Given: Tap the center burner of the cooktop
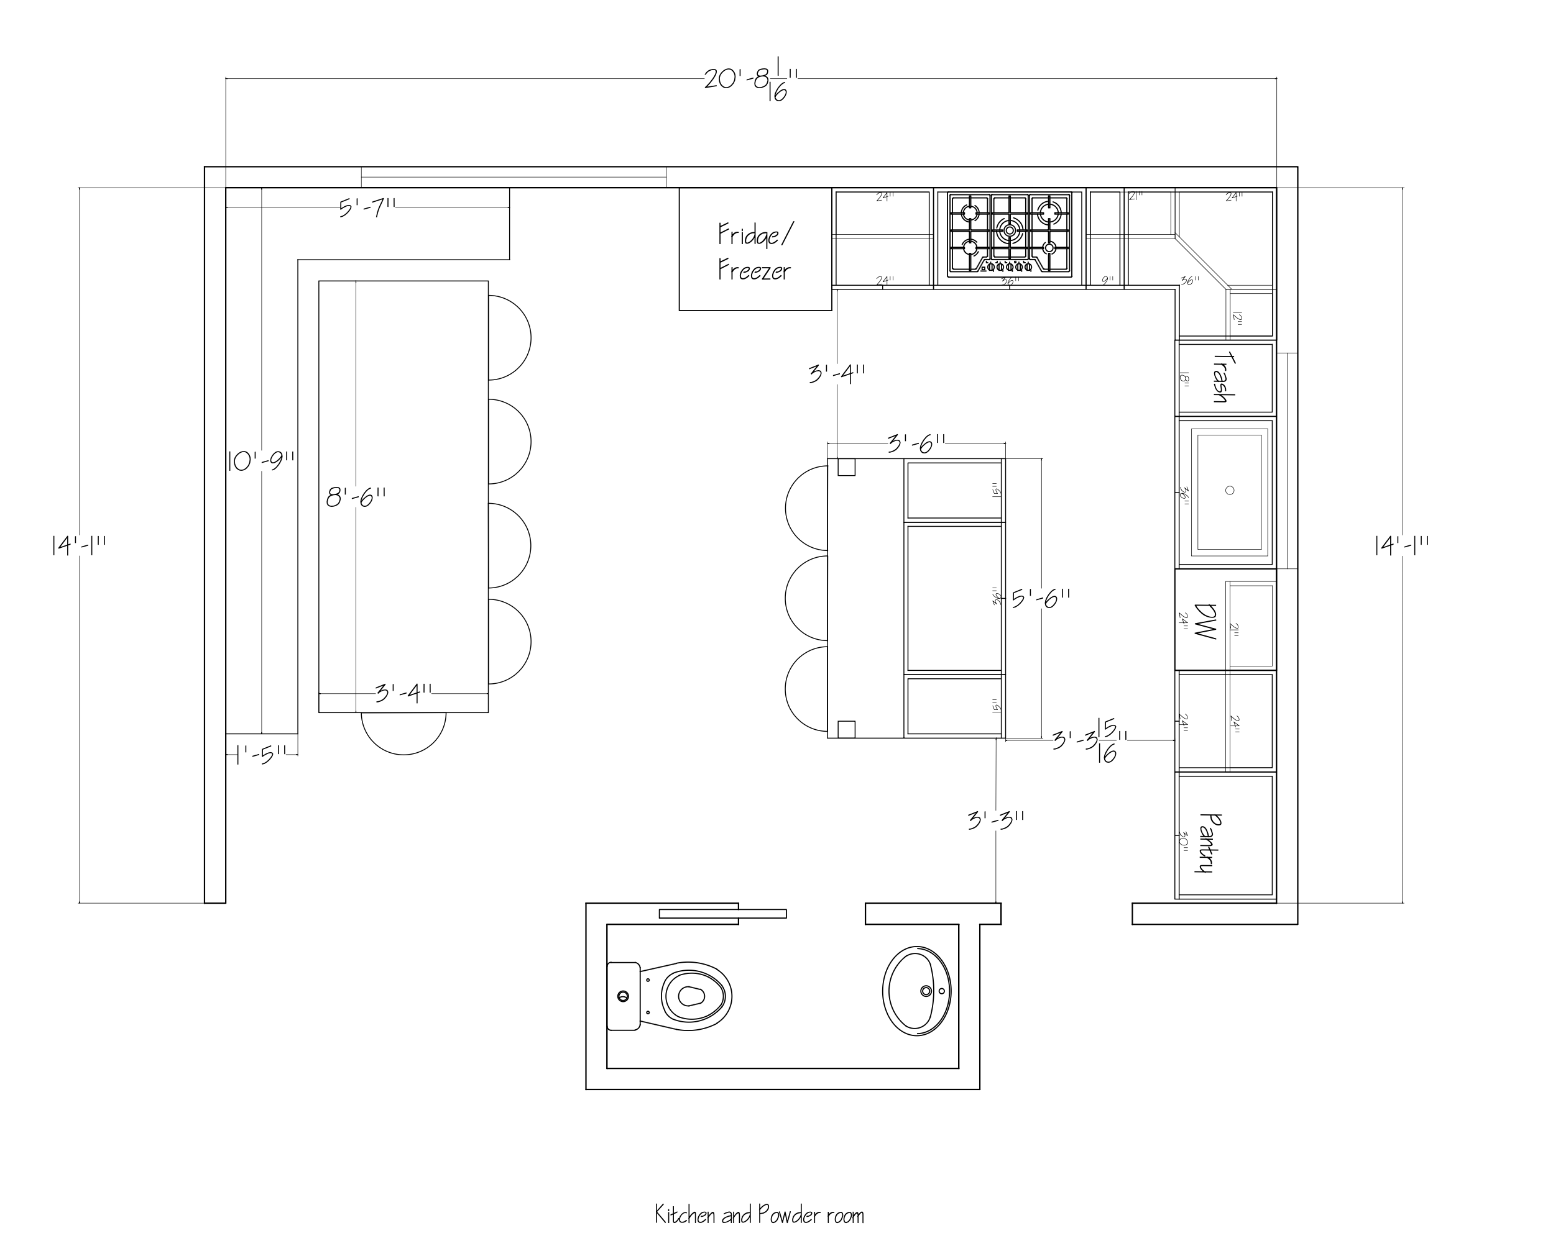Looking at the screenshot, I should [1009, 230].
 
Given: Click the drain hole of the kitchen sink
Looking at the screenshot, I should [1230, 490].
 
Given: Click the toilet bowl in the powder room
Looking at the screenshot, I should [692, 996].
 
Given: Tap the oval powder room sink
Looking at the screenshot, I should [916, 991].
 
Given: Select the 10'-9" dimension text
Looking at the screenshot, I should [260, 461].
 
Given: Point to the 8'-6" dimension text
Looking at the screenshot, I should [356, 497].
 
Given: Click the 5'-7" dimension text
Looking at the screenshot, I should [367, 208].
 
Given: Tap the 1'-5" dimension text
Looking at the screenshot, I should [260, 755].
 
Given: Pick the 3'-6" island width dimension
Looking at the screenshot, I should [916, 443].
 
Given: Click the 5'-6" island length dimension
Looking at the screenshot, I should [1040, 598].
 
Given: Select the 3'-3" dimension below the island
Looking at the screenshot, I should [995, 820].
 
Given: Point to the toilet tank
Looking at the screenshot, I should [623, 996].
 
